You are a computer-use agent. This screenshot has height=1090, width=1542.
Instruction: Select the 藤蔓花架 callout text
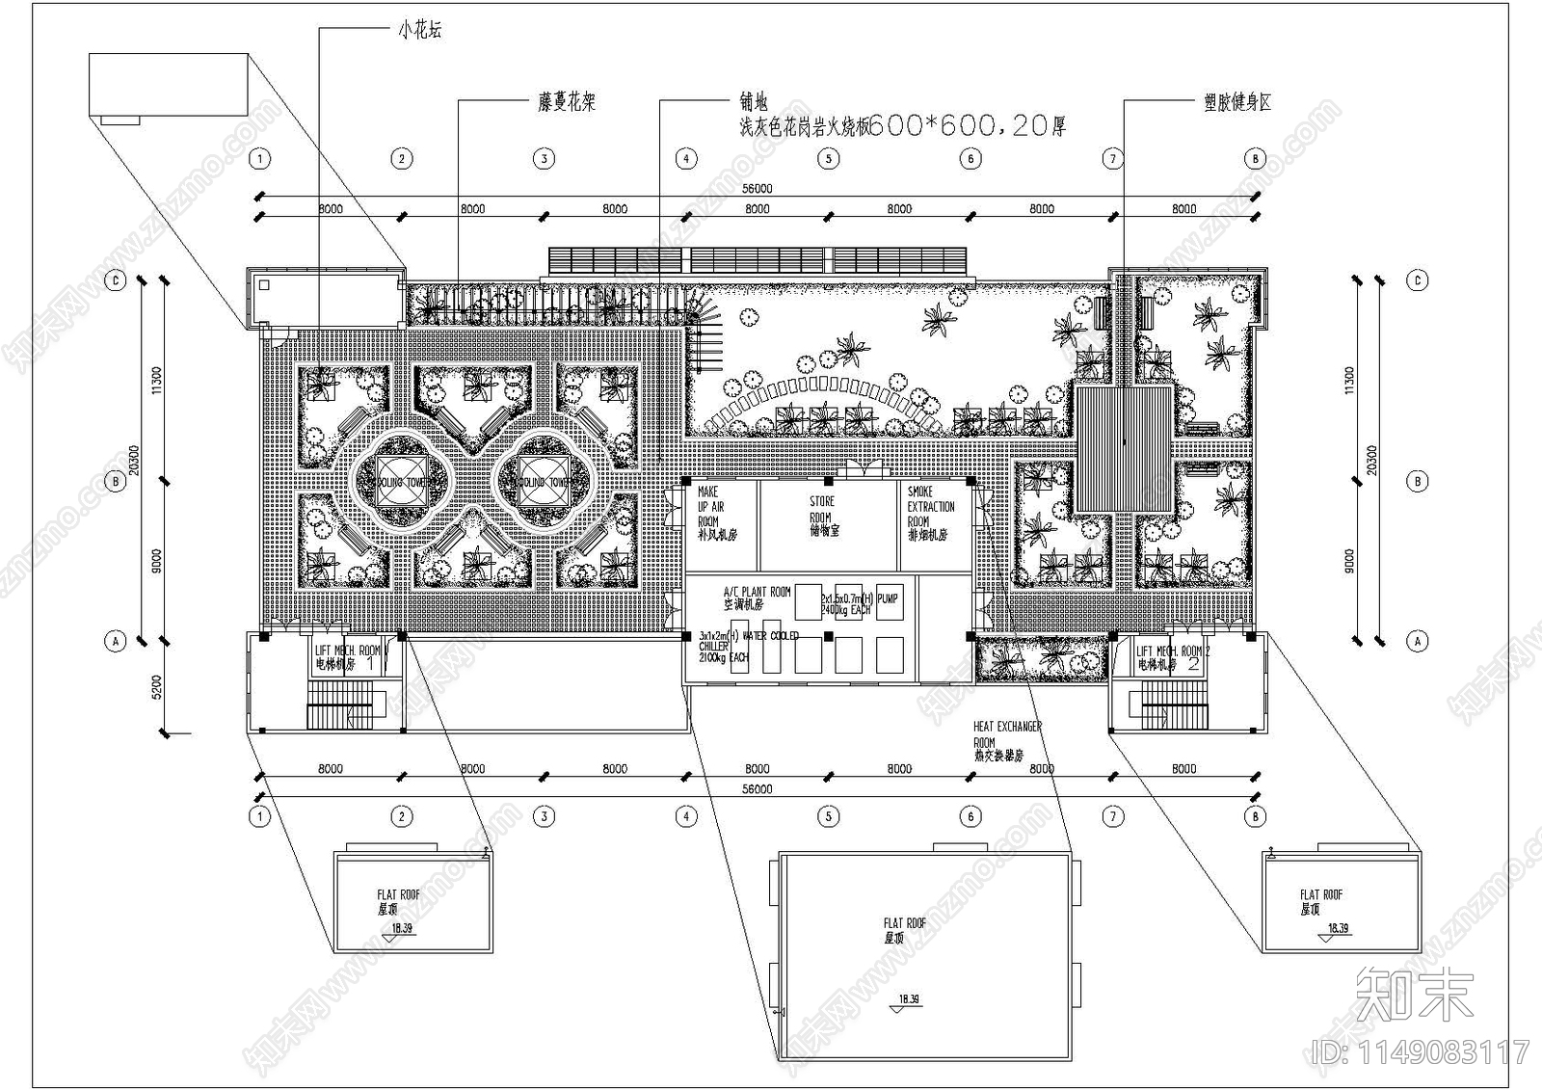pyautogui.click(x=566, y=102)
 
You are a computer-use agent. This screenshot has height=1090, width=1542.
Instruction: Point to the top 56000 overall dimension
pyautogui.click(x=757, y=191)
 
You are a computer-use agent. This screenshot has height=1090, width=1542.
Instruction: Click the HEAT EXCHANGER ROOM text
pyautogui.click(x=1006, y=741)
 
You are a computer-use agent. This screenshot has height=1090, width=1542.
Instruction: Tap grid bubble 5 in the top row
pyautogui.click(x=828, y=158)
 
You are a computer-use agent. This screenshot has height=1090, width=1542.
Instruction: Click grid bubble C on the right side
pyautogui.click(x=1417, y=280)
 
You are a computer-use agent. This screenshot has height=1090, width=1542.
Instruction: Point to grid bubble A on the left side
pyautogui.click(x=116, y=640)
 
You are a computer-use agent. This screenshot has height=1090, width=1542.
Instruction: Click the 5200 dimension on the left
pyautogui.click(x=157, y=685)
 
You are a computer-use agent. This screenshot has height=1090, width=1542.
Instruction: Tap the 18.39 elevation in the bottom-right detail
pyautogui.click(x=1338, y=929)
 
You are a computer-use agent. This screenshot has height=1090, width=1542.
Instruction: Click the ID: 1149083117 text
pyautogui.click(x=1421, y=1050)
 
